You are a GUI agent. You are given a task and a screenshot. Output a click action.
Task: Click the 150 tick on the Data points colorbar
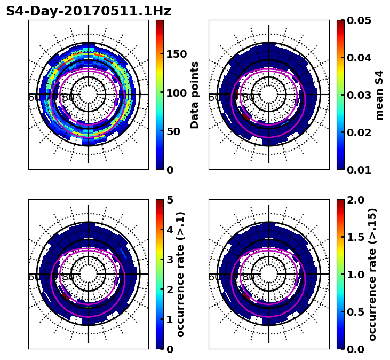click(177, 54)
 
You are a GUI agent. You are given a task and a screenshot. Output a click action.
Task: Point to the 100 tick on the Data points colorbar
click(177, 93)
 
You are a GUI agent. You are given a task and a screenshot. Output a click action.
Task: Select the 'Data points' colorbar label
click(195, 95)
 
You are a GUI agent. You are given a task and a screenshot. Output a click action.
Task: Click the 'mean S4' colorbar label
click(379, 95)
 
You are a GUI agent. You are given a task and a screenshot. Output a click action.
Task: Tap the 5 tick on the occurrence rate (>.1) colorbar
click(170, 200)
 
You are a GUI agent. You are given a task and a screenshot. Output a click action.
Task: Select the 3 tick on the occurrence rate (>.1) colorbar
click(170, 260)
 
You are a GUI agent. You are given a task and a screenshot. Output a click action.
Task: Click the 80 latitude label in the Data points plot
click(68, 98)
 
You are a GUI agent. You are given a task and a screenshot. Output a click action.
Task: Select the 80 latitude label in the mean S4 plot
click(249, 98)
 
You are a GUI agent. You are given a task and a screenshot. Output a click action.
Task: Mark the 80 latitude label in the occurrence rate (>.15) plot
click(249, 277)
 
